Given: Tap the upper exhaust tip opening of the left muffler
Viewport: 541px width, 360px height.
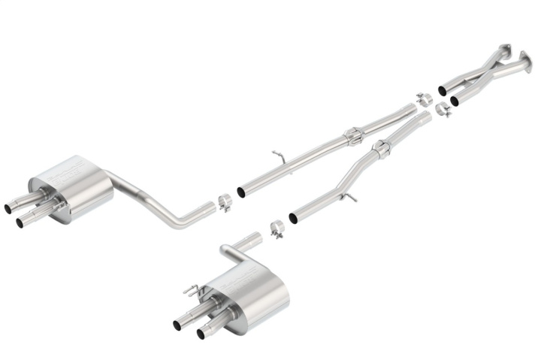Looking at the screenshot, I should tap(8, 207).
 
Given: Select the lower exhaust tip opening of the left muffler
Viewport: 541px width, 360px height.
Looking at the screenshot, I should tap(20, 222).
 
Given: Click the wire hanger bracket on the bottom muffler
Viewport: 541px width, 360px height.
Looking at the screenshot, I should tap(192, 289).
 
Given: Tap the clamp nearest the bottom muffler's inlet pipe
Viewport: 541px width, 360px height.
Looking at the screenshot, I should tap(277, 227).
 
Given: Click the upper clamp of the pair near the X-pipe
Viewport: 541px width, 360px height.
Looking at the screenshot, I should tap(423, 98).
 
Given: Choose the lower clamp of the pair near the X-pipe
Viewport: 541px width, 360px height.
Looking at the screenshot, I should tap(443, 110).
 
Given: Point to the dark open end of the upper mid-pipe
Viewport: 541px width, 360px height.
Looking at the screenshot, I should tap(241, 192).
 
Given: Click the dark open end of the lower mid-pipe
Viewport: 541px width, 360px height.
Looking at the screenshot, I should tap(293, 218).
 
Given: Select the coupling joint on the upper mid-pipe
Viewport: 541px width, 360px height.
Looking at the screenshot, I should tap(352, 136).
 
